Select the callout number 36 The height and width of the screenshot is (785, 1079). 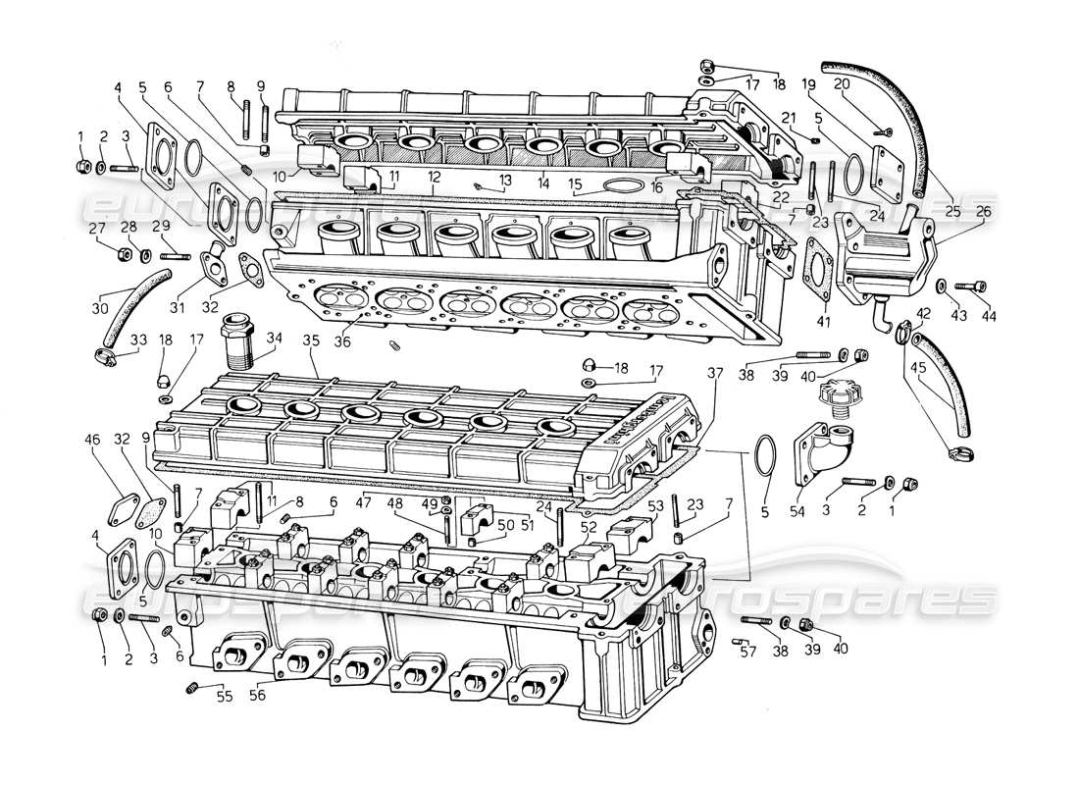point(340,341)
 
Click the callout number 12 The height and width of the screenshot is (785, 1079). point(433,176)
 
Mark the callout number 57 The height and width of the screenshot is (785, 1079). point(748,651)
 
